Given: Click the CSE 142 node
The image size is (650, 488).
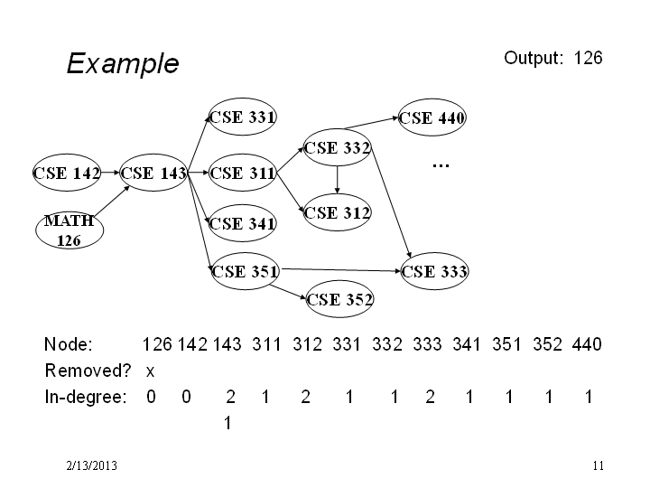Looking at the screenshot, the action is pos(67,173).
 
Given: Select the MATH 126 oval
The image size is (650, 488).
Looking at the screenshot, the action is pos(70,230).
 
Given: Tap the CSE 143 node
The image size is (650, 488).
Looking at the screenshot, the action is pos(153,173).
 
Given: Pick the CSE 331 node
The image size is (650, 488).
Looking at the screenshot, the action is pos(243,117).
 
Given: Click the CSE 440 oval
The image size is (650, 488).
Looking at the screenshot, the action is pos(432,117).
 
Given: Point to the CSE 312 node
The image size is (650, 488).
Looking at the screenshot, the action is pos(337,212).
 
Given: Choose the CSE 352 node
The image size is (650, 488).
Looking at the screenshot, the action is pos(339,299).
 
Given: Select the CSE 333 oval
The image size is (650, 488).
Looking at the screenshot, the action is pos(434,271).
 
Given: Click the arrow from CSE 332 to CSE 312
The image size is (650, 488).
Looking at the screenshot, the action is pos(337,180).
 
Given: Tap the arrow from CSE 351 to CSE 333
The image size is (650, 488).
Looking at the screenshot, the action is pos(340,270).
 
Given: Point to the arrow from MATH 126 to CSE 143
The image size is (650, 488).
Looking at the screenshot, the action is pos(112,201).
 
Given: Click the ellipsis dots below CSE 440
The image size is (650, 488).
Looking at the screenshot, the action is pos(441,166).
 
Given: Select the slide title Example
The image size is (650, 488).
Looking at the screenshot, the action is pos(123,63).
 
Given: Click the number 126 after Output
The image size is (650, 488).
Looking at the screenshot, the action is pos(588,58).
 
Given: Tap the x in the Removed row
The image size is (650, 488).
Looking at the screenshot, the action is pos(150,371).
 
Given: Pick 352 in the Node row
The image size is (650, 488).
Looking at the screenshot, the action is pos(547,344).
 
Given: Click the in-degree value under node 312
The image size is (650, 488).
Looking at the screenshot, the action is pos(305,397).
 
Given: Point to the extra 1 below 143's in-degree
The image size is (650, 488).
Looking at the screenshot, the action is pos(227,423).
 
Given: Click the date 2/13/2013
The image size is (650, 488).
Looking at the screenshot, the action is pos(91,465).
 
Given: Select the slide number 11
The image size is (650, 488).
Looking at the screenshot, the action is pos(599,465).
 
